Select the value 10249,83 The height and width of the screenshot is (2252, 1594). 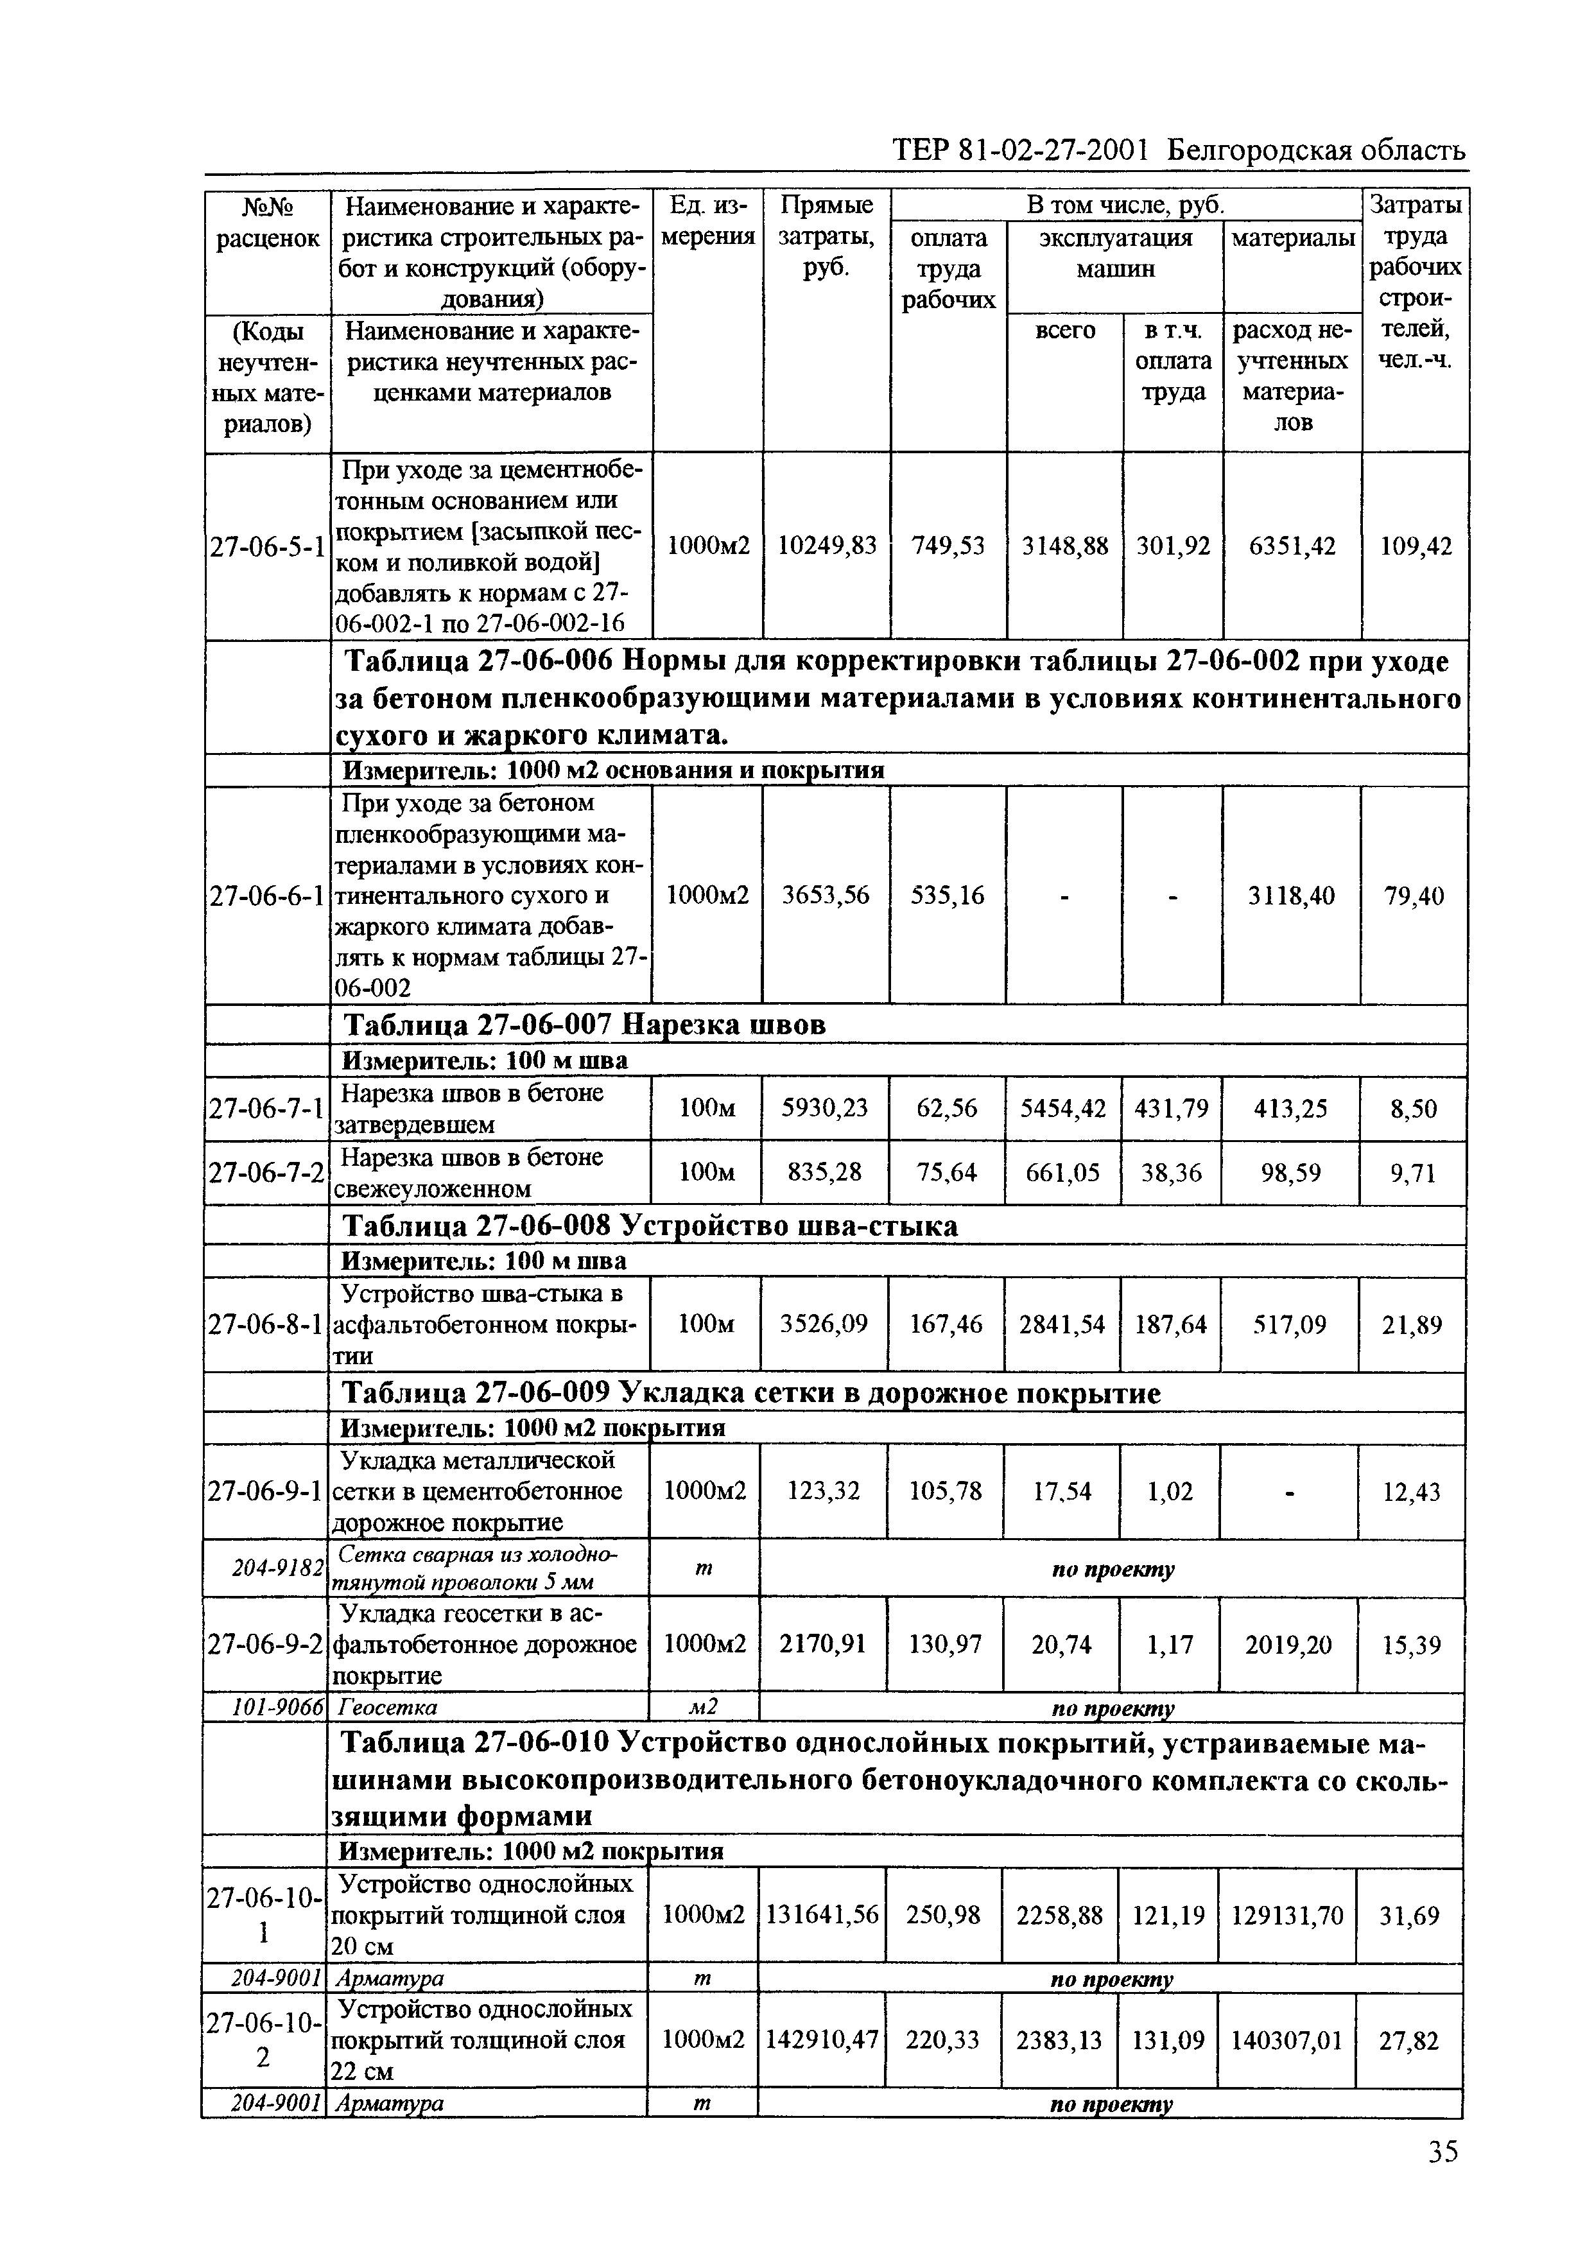pyautogui.click(x=826, y=546)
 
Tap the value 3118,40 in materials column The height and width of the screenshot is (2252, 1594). pyautogui.click(x=1291, y=895)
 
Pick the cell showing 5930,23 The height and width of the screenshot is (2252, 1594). pyautogui.click(x=824, y=1108)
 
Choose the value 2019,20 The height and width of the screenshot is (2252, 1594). pyautogui.click(x=1288, y=1645)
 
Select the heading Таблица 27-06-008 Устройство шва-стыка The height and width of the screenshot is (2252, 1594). pyautogui.click(x=649, y=1226)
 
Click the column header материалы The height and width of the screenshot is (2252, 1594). pyautogui.click(x=1292, y=238)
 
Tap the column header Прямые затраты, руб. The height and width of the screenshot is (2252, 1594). pyautogui.click(x=826, y=236)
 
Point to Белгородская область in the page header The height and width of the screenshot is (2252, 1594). pyautogui.click(x=1318, y=150)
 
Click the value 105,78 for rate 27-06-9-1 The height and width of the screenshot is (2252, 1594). pyautogui.click(x=946, y=1491)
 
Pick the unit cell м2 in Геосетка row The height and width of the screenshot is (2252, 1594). pyautogui.click(x=703, y=1708)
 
